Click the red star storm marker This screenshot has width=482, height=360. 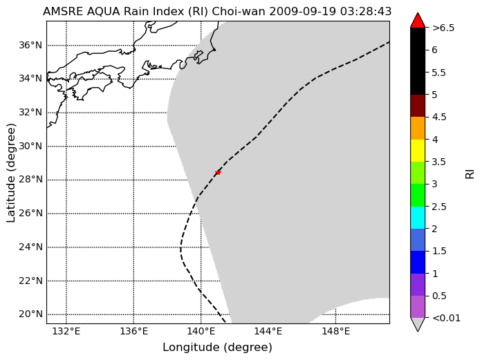point(218,172)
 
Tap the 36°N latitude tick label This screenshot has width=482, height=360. point(30,46)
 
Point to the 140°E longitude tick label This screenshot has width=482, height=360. point(201,332)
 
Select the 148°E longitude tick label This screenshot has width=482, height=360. point(335,332)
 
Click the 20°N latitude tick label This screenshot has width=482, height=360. point(30,314)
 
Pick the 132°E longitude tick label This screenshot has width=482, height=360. point(66,332)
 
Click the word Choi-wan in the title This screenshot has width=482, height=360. point(239,11)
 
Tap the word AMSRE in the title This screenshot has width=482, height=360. point(64,11)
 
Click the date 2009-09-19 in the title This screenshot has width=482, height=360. point(303,11)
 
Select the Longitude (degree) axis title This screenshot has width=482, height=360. point(217,348)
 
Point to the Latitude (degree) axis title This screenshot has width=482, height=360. point(10,173)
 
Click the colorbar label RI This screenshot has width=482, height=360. point(470,174)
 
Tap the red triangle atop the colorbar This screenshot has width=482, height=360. point(418,20)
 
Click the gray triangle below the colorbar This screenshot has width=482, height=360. point(418,324)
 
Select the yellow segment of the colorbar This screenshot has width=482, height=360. point(418,151)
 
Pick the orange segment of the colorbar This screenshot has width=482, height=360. point(418,128)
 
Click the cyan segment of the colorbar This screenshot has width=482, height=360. point(418,218)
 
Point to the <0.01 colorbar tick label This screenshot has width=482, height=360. point(446,318)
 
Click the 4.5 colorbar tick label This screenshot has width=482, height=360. point(439,117)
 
